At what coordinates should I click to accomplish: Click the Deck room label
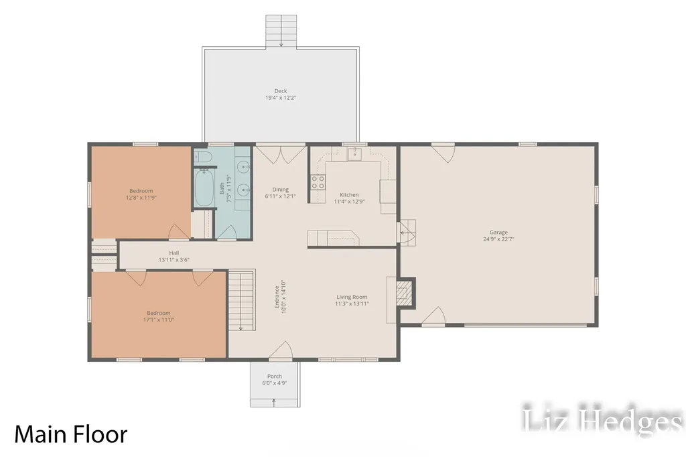click(281, 91)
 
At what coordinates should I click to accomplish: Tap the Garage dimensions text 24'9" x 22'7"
click(498, 239)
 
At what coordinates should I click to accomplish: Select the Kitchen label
click(349, 195)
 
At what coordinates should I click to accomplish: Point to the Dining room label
click(281, 190)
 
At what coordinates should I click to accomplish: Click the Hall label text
click(174, 253)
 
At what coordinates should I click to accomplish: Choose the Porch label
click(274, 376)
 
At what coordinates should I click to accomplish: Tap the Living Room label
click(352, 297)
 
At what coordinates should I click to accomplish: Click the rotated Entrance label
click(277, 297)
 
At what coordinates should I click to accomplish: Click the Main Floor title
click(71, 434)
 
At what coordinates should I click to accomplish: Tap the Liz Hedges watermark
click(602, 419)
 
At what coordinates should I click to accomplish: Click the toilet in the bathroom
click(203, 156)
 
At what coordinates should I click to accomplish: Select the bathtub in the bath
click(204, 188)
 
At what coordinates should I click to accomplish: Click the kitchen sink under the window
click(354, 154)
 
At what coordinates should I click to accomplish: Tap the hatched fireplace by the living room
click(404, 293)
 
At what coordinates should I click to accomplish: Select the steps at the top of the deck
click(281, 31)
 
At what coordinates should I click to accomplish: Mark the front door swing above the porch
click(281, 350)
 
